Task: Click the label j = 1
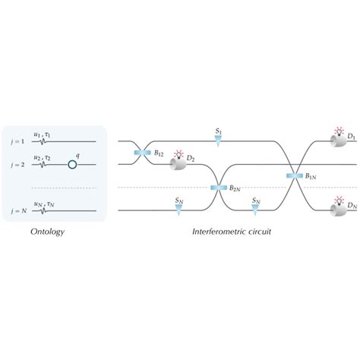(x=17, y=141)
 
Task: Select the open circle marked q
(x=72, y=163)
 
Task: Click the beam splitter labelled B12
(x=142, y=153)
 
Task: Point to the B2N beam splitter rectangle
(x=216, y=187)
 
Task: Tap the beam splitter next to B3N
(x=294, y=175)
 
